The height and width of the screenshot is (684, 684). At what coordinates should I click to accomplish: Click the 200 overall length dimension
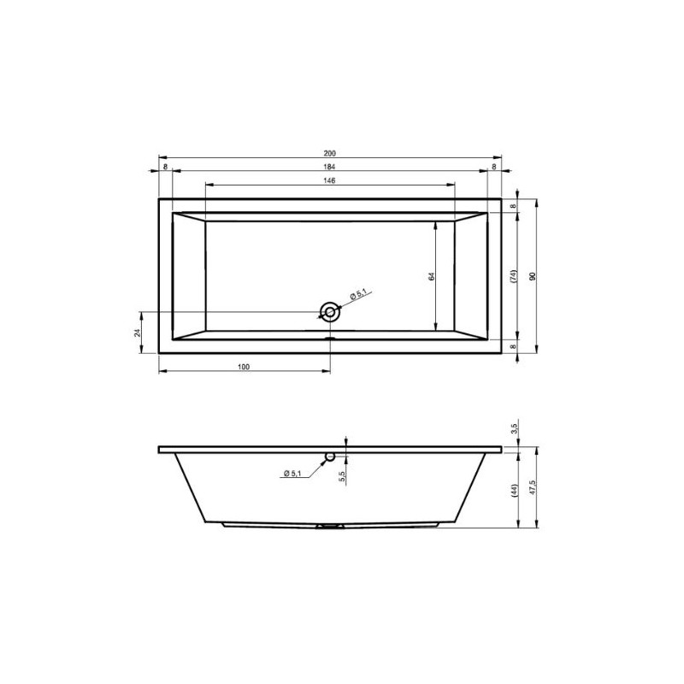tap(330, 154)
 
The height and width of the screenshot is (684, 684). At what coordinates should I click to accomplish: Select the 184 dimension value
tap(330, 168)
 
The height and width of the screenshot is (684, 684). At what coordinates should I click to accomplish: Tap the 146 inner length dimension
tap(330, 181)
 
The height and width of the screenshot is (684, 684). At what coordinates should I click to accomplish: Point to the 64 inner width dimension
tap(433, 275)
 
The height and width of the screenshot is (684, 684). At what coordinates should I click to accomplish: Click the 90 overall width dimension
tap(532, 276)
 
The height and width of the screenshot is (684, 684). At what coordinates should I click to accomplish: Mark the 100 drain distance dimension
tap(244, 367)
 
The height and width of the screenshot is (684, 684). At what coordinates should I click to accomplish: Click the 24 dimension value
tap(138, 332)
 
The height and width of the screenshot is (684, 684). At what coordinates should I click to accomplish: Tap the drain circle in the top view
tap(329, 312)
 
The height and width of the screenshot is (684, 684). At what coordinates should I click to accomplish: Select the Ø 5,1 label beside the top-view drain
tap(357, 295)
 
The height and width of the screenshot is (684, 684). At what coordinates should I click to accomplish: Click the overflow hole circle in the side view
tap(329, 457)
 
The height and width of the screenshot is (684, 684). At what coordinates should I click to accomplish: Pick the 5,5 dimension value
tap(341, 475)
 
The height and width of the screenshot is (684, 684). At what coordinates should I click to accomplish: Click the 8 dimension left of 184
tap(165, 168)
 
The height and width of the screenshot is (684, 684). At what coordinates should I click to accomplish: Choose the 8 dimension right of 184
tap(494, 168)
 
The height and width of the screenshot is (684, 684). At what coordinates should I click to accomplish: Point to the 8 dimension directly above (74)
tap(514, 206)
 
